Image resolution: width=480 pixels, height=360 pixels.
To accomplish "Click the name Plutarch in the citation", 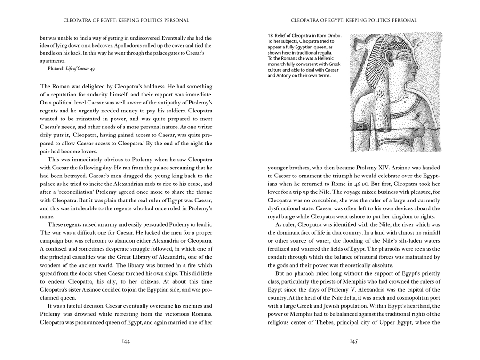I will [x=57, y=69].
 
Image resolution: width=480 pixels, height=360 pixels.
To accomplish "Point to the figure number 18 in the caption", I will [x=270, y=36].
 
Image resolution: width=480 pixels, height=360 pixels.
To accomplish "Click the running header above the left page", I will [x=126, y=20].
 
